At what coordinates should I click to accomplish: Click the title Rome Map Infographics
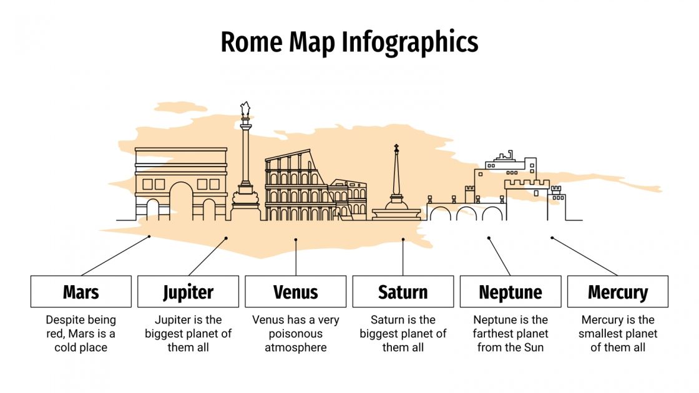point(349,42)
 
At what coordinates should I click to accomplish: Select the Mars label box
point(81,291)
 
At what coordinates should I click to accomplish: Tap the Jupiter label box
point(188,291)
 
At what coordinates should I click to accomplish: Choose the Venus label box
point(295,291)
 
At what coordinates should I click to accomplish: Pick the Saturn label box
point(403,291)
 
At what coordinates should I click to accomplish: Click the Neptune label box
point(511,291)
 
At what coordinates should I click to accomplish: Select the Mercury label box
point(618,291)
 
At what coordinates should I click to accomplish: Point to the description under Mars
point(81,334)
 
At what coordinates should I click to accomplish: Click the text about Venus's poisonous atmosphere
point(295,334)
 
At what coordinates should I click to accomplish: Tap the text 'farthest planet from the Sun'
point(511,334)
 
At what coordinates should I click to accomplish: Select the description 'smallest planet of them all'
point(618,334)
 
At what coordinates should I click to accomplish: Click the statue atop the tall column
point(246,110)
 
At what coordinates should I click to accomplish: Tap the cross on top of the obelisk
point(396,148)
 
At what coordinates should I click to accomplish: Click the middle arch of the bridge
point(466,214)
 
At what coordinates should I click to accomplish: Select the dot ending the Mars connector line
point(150,236)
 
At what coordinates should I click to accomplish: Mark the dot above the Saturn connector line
point(403,238)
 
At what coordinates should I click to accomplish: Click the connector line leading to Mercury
point(585,256)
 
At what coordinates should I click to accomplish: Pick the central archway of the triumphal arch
point(181,202)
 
